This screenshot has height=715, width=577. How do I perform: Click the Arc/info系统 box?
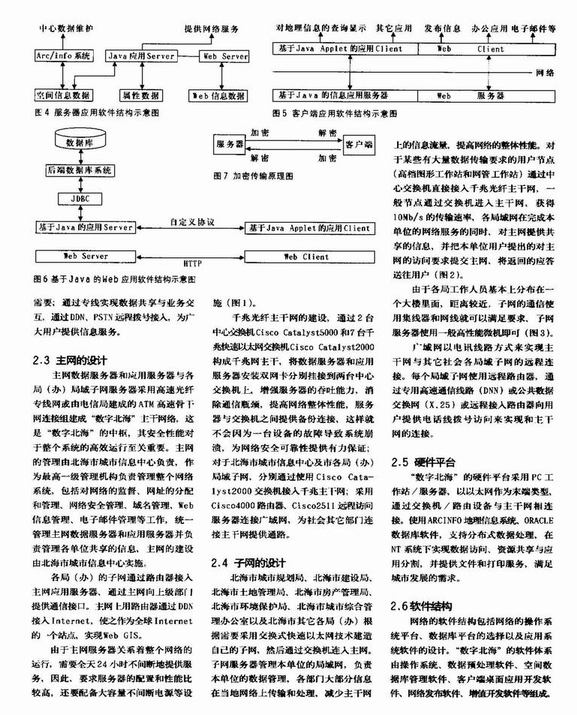pos(64,56)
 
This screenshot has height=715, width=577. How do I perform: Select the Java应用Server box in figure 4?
pos(140,56)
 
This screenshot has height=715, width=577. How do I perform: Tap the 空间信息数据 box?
pos(64,95)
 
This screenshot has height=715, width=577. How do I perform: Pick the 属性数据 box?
pos(140,95)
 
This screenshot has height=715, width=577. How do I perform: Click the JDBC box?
pos(80,200)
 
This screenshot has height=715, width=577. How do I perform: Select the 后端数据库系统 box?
pos(80,170)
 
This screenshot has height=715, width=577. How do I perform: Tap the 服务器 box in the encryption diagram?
pos(230,143)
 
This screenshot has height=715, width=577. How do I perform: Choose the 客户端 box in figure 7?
pos(359,143)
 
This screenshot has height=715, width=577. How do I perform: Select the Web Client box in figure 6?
pos(305,256)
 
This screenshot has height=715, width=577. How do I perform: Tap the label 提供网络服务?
pos(212,28)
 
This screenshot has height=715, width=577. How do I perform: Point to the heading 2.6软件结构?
pos(424,605)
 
